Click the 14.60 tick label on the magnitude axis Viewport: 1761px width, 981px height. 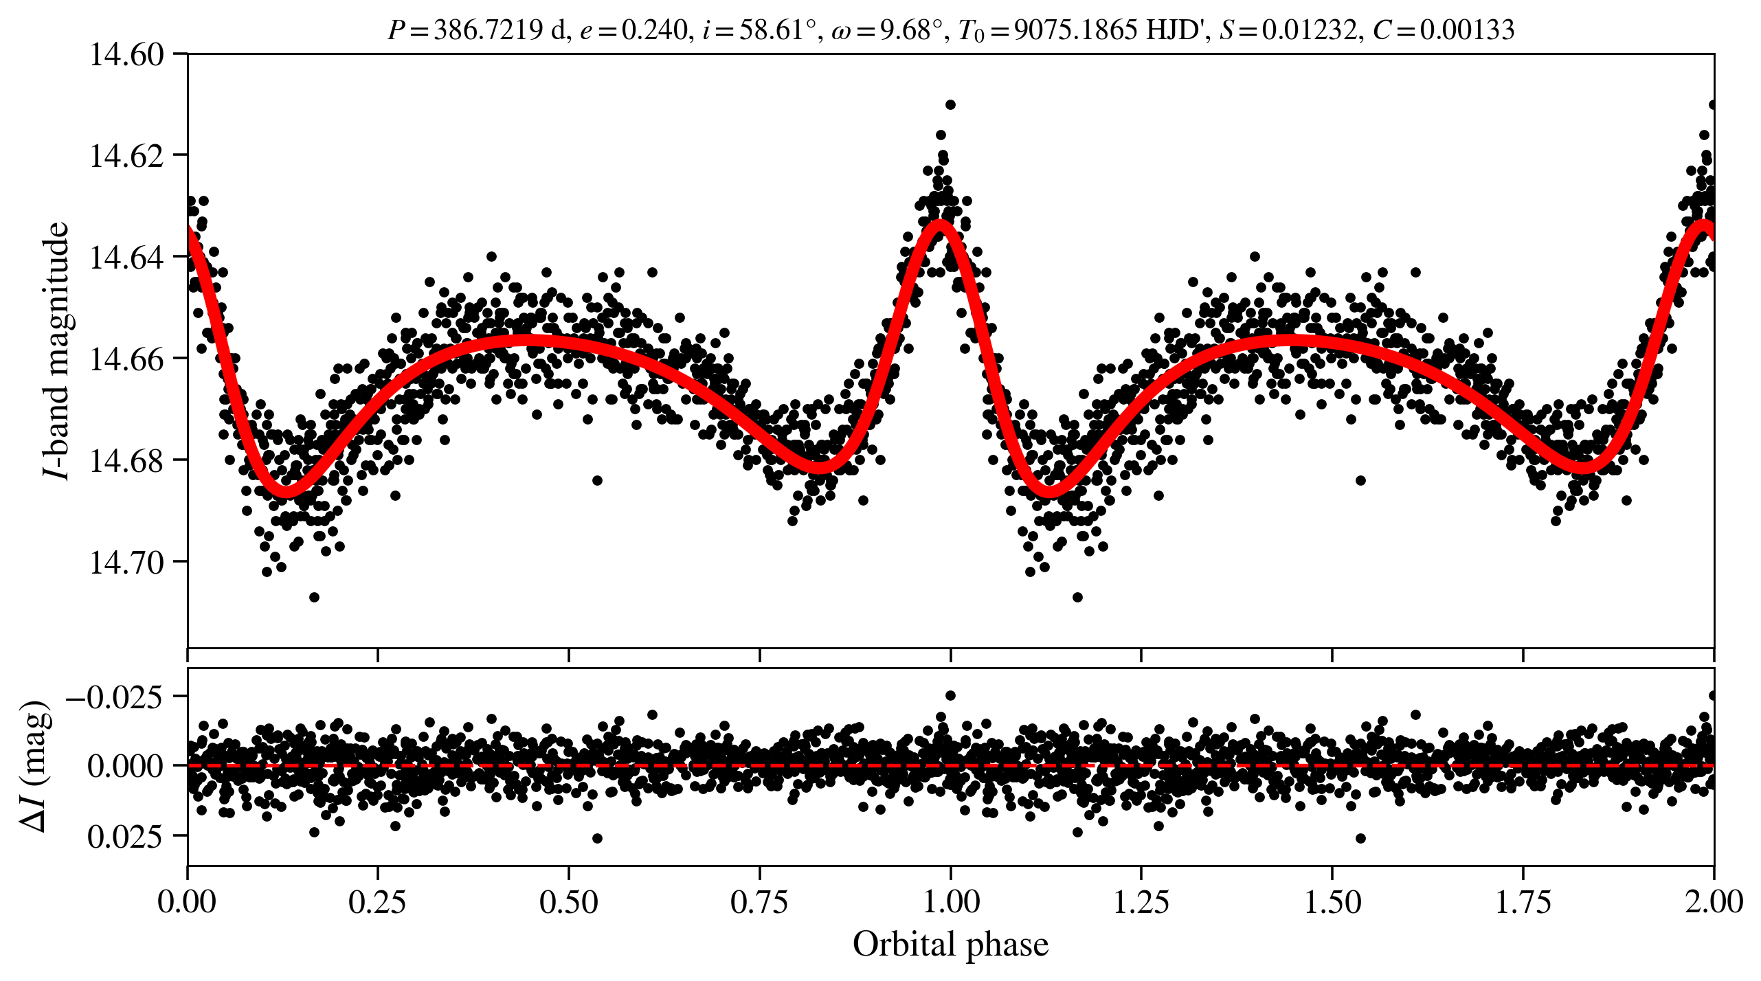coord(127,54)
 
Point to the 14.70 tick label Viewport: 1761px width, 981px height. coord(127,563)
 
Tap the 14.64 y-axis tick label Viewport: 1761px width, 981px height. coord(127,258)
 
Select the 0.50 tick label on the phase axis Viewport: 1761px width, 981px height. coord(568,902)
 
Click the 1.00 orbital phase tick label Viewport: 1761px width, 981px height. coord(950,902)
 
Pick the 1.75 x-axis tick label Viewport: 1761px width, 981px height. coord(1523,902)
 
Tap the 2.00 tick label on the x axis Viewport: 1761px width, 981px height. coord(1713,902)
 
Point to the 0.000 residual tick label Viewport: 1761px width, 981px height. coord(125,766)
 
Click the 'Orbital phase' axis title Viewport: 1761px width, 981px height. coord(950,945)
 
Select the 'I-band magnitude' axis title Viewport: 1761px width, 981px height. coord(56,350)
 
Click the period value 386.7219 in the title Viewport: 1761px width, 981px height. coord(488,30)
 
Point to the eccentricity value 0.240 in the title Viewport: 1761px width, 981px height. coord(654,30)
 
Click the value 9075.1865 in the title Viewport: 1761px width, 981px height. coord(1075,30)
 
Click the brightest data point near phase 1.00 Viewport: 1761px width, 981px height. coord(950,105)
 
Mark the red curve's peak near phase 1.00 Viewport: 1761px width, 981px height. coord(939,225)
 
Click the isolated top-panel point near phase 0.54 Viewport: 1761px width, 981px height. coord(597,480)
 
